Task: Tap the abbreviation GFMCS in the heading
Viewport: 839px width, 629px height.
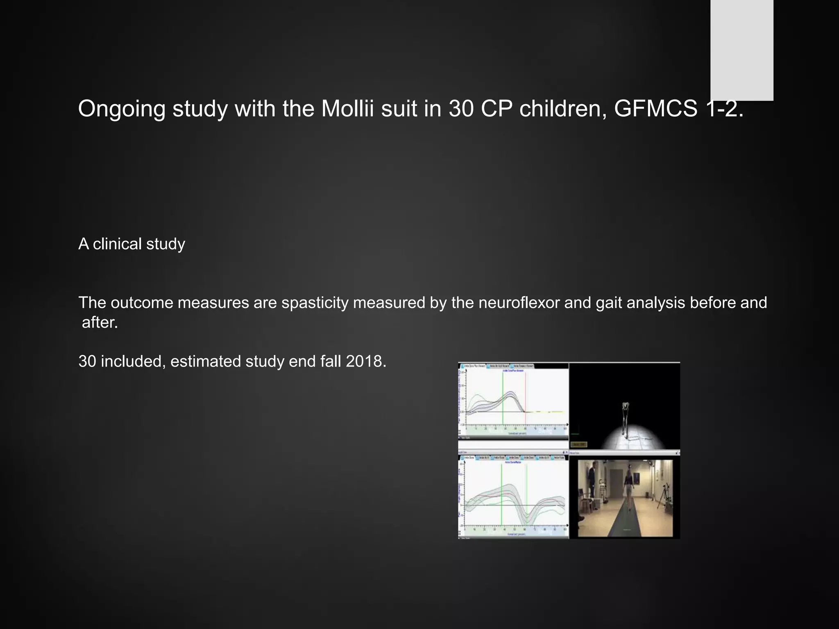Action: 655,109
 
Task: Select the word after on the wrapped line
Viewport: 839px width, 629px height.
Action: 100,323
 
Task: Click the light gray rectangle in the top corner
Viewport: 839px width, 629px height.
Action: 741,49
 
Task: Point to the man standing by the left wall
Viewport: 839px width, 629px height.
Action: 591,483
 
